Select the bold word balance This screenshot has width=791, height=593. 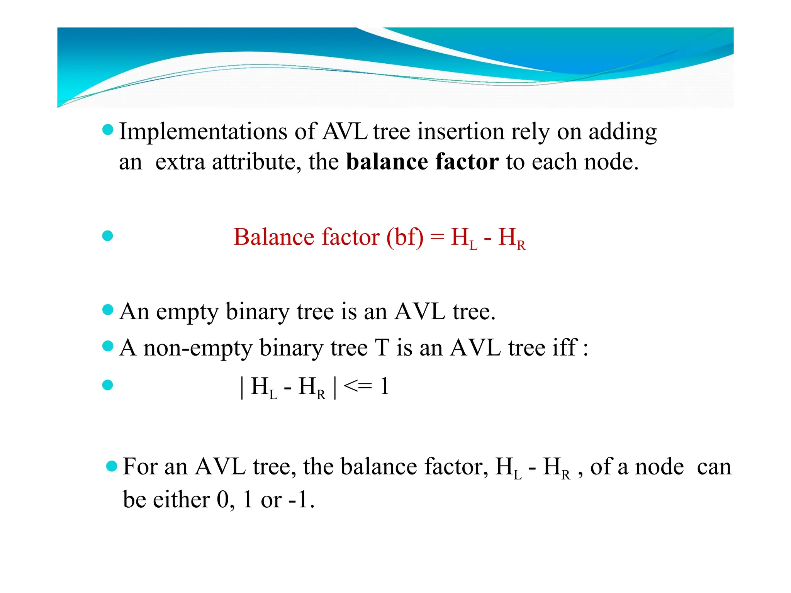pyautogui.click(x=387, y=161)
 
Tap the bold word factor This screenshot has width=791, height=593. pyautogui.click(x=467, y=161)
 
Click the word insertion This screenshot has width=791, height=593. pyautogui.click(x=460, y=132)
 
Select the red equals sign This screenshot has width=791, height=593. pyautogui.click(x=437, y=237)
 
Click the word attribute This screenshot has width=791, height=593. pyautogui.click(x=256, y=161)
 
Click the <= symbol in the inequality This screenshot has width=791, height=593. pyautogui.click(x=358, y=386)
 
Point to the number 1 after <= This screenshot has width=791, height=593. pyautogui.click(x=384, y=386)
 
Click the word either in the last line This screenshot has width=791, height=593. pyautogui.click(x=182, y=500)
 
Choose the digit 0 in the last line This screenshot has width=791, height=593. pyautogui.click(x=223, y=500)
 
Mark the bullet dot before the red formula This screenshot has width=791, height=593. pyautogui.click(x=108, y=236)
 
